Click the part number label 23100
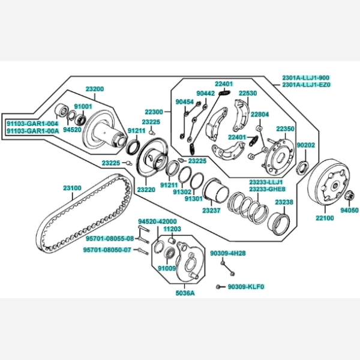click(72, 188)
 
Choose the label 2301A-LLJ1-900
click(306, 78)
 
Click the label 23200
click(94, 89)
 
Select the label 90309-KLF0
click(246, 286)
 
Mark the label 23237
click(211, 211)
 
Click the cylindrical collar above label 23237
click(215, 192)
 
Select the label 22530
click(247, 94)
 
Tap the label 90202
click(305, 145)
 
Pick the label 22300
click(153, 112)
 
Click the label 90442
click(205, 94)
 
